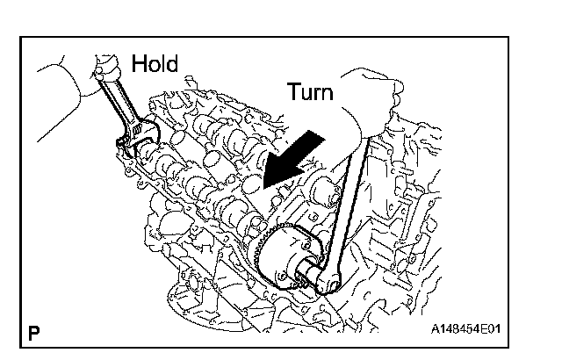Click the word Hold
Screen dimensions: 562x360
point(155,63)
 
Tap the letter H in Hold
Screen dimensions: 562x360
point(139,63)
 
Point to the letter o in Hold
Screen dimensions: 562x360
point(153,65)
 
